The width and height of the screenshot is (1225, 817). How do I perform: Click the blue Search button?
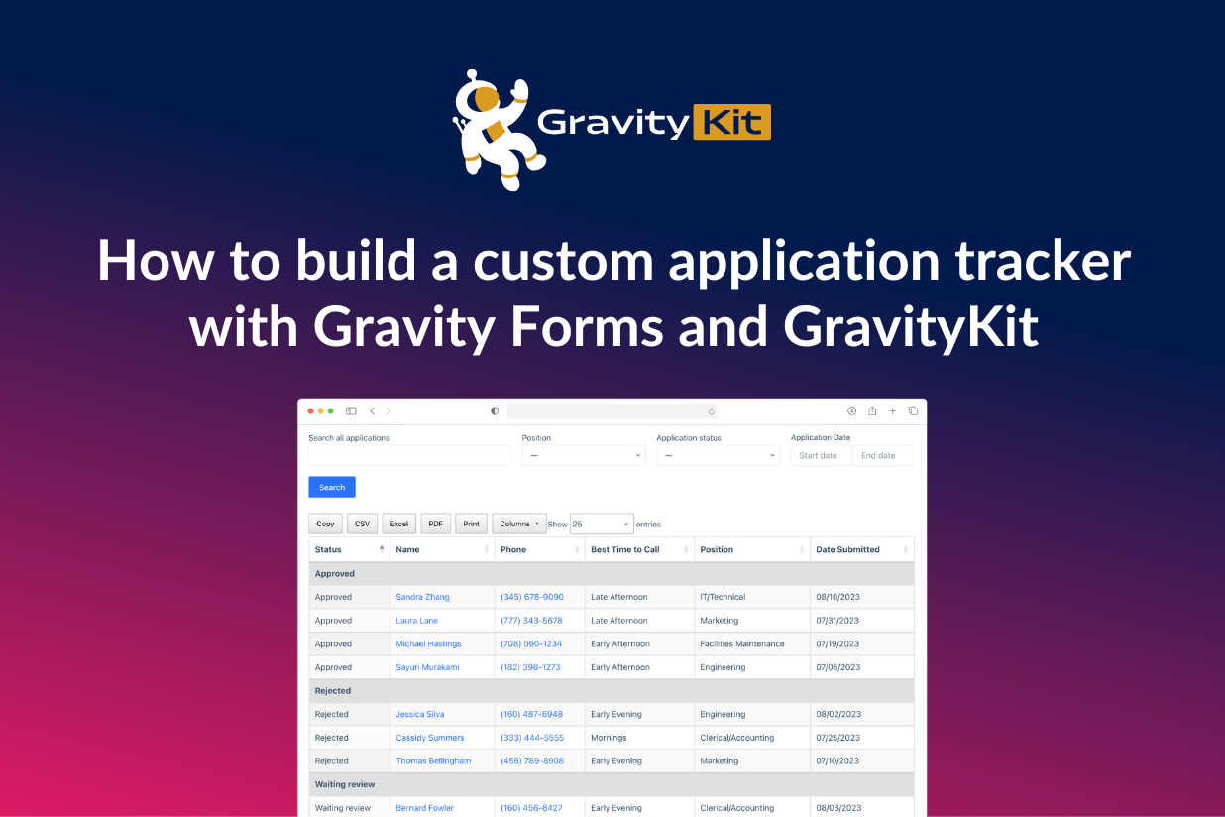(332, 487)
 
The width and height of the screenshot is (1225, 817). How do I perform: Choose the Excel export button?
(398, 524)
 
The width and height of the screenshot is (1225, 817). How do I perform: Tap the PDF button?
(435, 524)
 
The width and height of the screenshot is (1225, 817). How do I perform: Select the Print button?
(471, 524)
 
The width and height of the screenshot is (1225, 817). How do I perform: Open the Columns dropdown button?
(519, 524)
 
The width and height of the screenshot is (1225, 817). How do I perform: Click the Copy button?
(325, 524)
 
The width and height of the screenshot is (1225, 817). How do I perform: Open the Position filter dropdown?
(584, 455)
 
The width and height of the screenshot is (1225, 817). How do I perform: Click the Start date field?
(821, 455)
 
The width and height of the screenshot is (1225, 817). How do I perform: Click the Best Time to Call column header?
(625, 549)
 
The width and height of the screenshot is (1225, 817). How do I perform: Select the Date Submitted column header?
(847, 549)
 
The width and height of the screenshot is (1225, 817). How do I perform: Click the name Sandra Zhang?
(422, 597)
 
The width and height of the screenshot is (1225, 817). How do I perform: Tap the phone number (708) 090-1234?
(531, 643)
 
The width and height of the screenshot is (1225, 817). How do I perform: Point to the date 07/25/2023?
(837, 737)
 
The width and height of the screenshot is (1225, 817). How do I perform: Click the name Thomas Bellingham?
(433, 760)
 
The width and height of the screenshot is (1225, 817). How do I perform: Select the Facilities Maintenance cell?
(742, 643)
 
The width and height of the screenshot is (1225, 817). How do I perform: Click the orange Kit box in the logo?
(732, 122)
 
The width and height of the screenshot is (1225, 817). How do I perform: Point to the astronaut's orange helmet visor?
(487, 99)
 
